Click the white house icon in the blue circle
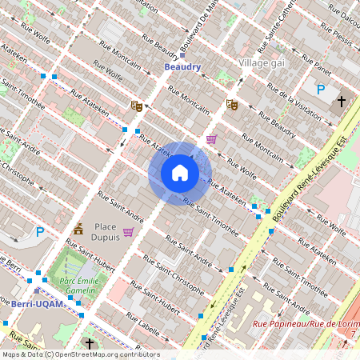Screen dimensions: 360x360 tap(180, 173)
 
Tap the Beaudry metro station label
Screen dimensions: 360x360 tap(182, 68)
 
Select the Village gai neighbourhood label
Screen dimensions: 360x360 tap(264, 62)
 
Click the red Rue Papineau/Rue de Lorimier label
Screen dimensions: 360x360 tap(304, 324)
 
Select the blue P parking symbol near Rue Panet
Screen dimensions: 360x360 tap(321, 90)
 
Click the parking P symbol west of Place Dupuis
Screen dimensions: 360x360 tap(40, 233)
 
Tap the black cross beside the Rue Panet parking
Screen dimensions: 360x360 tap(342, 102)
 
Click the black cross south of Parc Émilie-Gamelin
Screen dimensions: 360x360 tap(90, 344)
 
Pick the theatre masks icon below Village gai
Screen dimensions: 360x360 tap(232, 104)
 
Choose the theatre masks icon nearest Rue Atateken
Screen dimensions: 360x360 tap(136, 105)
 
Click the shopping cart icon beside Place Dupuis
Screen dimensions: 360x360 tap(128, 232)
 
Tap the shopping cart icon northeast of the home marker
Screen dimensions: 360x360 tap(211, 139)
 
